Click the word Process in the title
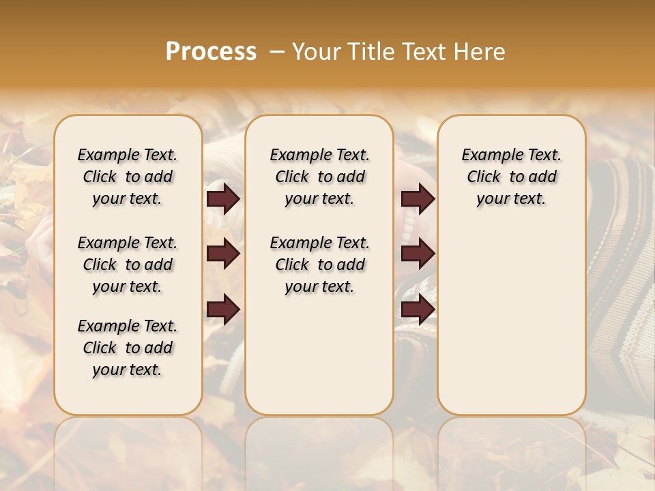pyautogui.click(x=211, y=52)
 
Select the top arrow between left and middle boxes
pyautogui.click(x=223, y=198)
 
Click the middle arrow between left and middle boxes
pyautogui.click(x=223, y=254)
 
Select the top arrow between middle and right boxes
pyautogui.click(x=418, y=198)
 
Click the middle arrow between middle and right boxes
pyautogui.click(x=418, y=254)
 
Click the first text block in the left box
pyautogui.click(x=128, y=177)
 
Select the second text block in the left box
pyautogui.click(x=128, y=265)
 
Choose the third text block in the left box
pyautogui.click(x=128, y=348)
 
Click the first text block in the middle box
pyautogui.click(x=319, y=177)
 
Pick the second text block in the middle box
pyautogui.click(x=319, y=265)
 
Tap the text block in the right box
pyautogui.click(x=512, y=177)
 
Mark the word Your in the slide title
pyautogui.click(x=316, y=52)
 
